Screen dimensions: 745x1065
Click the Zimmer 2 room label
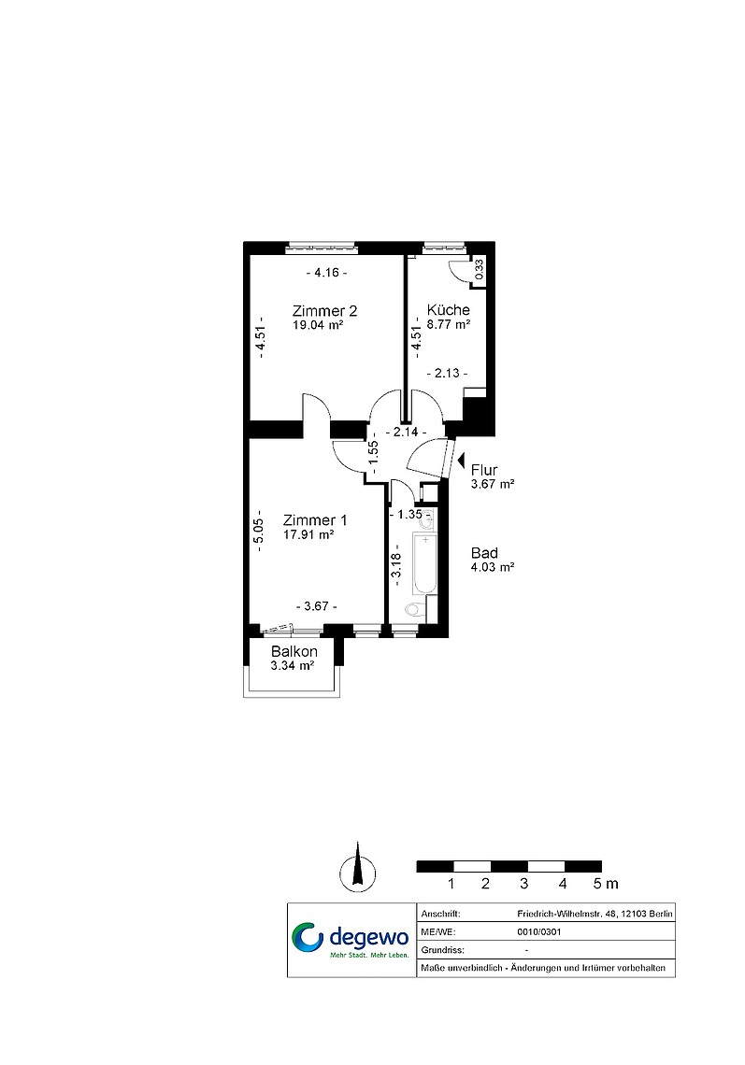[x=324, y=311]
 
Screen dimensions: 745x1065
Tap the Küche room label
[x=448, y=310]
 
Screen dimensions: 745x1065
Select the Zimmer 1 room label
[x=315, y=520]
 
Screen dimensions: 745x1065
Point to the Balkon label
[x=294, y=651]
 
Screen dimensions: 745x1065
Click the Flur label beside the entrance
[x=484, y=470]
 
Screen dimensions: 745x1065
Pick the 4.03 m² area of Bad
[x=492, y=567]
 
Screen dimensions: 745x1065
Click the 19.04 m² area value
[x=318, y=325]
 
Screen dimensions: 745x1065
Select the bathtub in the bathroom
[x=424, y=563]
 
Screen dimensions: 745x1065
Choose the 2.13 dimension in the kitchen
[x=447, y=374]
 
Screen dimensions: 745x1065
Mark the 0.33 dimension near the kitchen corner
[x=479, y=270]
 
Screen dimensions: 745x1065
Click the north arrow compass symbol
[x=358, y=868]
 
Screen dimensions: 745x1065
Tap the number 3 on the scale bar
[x=523, y=884]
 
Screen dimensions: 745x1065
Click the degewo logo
[x=351, y=939]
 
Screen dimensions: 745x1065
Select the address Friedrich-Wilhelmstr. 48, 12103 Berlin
[x=595, y=915]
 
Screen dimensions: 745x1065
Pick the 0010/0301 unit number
[x=539, y=932]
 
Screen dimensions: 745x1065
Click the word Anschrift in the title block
[x=440, y=915]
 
